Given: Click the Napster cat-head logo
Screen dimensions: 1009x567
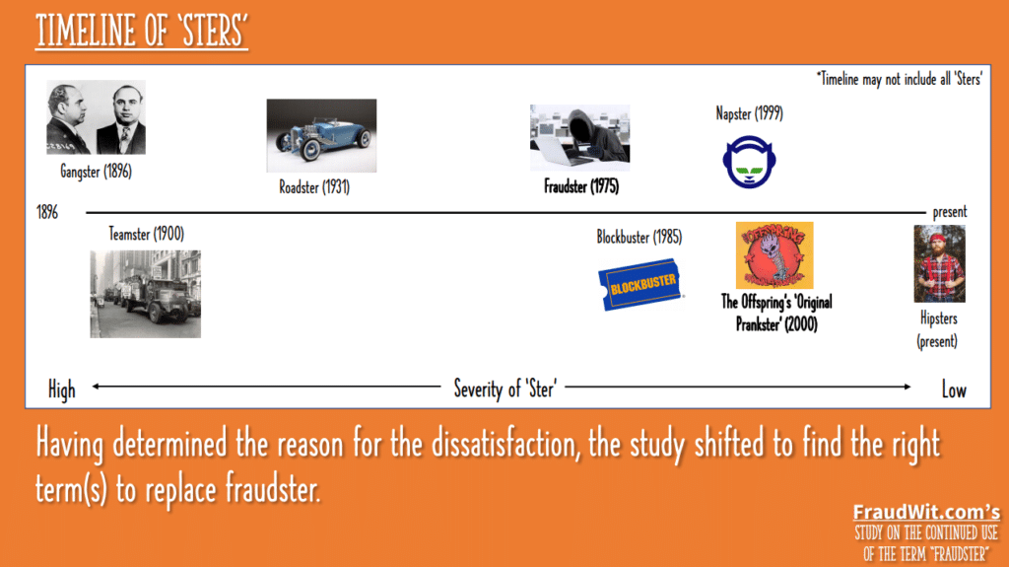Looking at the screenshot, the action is pyautogui.click(x=749, y=162).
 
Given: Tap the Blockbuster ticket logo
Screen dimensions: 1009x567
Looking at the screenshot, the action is pyautogui.click(x=640, y=284).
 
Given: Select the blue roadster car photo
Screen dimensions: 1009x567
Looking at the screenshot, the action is pyautogui.click(x=322, y=135).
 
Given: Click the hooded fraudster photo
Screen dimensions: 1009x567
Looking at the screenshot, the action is pyautogui.click(x=579, y=138).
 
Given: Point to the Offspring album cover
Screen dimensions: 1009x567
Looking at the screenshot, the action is pyautogui.click(x=774, y=255).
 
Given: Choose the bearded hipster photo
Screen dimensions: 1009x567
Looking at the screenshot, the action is pyautogui.click(x=939, y=263).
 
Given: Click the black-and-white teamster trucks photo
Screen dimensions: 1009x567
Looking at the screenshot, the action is pyautogui.click(x=146, y=294).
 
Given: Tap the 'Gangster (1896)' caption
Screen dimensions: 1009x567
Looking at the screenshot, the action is pyautogui.click(x=96, y=172).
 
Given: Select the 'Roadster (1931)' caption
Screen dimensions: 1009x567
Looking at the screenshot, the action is pyautogui.click(x=314, y=187).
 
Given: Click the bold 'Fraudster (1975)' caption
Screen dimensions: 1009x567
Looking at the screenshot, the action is pyautogui.click(x=581, y=186).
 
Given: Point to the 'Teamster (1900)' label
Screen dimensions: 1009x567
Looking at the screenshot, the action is pyautogui.click(x=147, y=234).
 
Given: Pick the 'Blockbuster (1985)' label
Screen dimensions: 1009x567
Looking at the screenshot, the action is pyautogui.click(x=639, y=237).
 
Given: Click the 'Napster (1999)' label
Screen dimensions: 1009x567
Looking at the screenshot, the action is pyautogui.click(x=750, y=114).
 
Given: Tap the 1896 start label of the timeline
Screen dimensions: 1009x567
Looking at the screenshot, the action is pyautogui.click(x=47, y=212).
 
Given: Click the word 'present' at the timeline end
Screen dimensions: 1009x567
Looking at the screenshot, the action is pyautogui.click(x=950, y=212).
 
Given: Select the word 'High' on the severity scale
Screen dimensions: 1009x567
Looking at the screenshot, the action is pyautogui.click(x=62, y=390).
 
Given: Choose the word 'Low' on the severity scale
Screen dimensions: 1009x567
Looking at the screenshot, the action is pyautogui.click(x=954, y=390).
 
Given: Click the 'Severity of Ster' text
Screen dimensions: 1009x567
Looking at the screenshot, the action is pyautogui.click(x=505, y=389).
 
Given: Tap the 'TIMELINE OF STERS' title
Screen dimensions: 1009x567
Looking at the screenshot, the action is pyautogui.click(x=142, y=31).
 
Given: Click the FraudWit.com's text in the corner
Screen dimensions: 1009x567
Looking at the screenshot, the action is pyautogui.click(x=926, y=512).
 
